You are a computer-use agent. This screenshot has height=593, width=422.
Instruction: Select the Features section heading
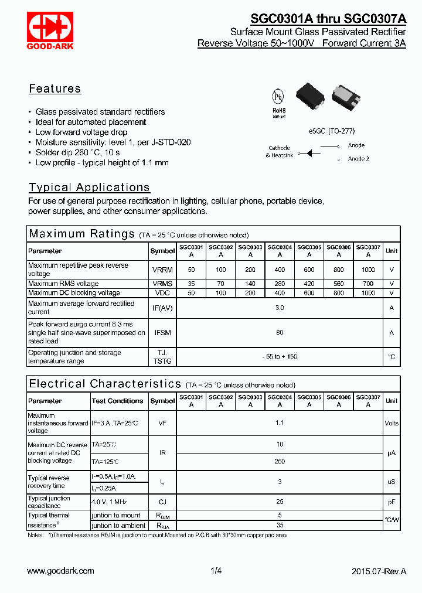click(55, 89)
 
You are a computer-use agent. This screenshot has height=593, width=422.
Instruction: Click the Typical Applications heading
click(89, 188)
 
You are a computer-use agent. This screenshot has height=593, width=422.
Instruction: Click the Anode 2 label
click(358, 159)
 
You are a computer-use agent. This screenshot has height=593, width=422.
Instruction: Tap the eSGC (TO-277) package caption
click(331, 131)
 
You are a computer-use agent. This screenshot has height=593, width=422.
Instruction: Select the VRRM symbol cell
click(162, 270)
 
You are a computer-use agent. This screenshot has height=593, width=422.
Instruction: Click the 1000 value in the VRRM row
click(368, 270)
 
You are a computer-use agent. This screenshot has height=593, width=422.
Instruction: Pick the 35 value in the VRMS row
click(191, 284)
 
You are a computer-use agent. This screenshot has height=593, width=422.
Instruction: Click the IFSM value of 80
click(280, 333)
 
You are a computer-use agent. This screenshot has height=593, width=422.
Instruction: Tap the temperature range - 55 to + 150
click(280, 357)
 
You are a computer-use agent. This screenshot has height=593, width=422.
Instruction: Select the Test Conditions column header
click(117, 401)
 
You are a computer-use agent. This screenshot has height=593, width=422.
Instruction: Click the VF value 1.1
click(280, 422)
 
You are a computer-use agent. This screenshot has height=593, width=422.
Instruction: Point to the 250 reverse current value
click(280, 461)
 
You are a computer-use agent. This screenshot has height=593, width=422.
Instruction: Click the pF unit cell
click(392, 502)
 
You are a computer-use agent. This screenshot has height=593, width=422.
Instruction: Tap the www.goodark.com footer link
click(60, 571)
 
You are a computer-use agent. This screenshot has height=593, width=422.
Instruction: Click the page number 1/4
click(216, 571)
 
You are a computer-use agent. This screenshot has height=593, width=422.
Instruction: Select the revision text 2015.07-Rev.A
click(379, 571)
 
